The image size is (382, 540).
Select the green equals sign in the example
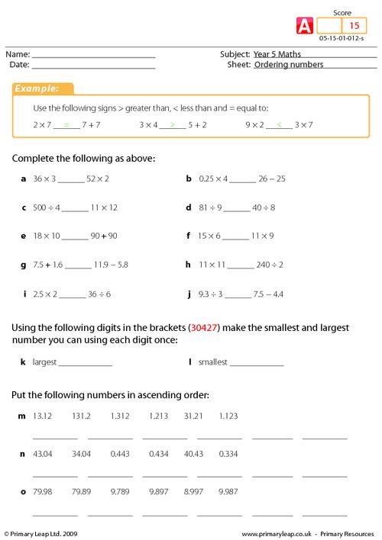pyautogui.click(x=66, y=123)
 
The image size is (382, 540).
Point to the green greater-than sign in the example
pyautogui.click(x=173, y=123)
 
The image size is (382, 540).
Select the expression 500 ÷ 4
pyautogui.click(x=46, y=207)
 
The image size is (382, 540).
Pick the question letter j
pyautogui.click(x=188, y=293)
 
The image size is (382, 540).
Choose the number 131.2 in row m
pyautogui.click(x=82, y=416)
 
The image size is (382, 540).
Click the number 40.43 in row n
pyautogui.click(x=194, y=454)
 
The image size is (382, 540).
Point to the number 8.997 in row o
pyautogui.click(x=194, y=492)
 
